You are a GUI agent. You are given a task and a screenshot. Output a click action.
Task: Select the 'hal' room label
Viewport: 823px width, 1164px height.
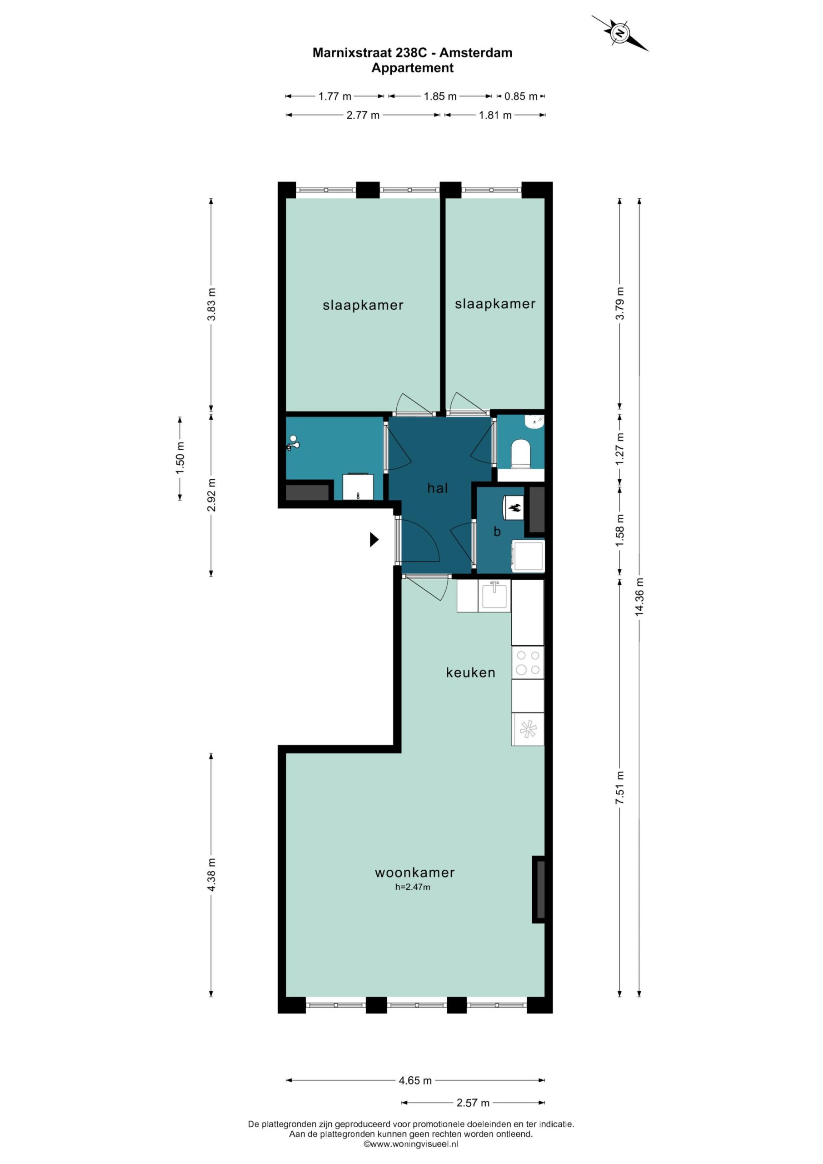click(438, 488)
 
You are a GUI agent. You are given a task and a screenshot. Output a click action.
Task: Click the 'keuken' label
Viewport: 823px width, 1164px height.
click(470, 673)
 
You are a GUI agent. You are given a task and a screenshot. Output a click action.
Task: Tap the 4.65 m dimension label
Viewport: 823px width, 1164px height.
click(415, 1080)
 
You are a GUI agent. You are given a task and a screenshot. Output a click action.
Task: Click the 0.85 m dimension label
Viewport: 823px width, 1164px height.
click(520, 96)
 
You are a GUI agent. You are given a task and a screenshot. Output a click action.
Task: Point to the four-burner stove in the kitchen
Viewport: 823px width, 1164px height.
click(528, 662)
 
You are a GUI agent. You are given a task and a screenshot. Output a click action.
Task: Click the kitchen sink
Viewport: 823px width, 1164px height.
click(494, 595)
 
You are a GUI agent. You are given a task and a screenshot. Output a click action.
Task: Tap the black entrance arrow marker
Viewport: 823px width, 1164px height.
click(374, 539)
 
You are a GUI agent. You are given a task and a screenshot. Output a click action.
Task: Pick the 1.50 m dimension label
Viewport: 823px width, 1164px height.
click(180, 458)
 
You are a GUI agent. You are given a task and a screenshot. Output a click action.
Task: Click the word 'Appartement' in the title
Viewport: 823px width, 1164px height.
click(412, 68)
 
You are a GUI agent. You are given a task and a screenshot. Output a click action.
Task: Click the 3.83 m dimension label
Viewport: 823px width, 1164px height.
click(212, 304)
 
